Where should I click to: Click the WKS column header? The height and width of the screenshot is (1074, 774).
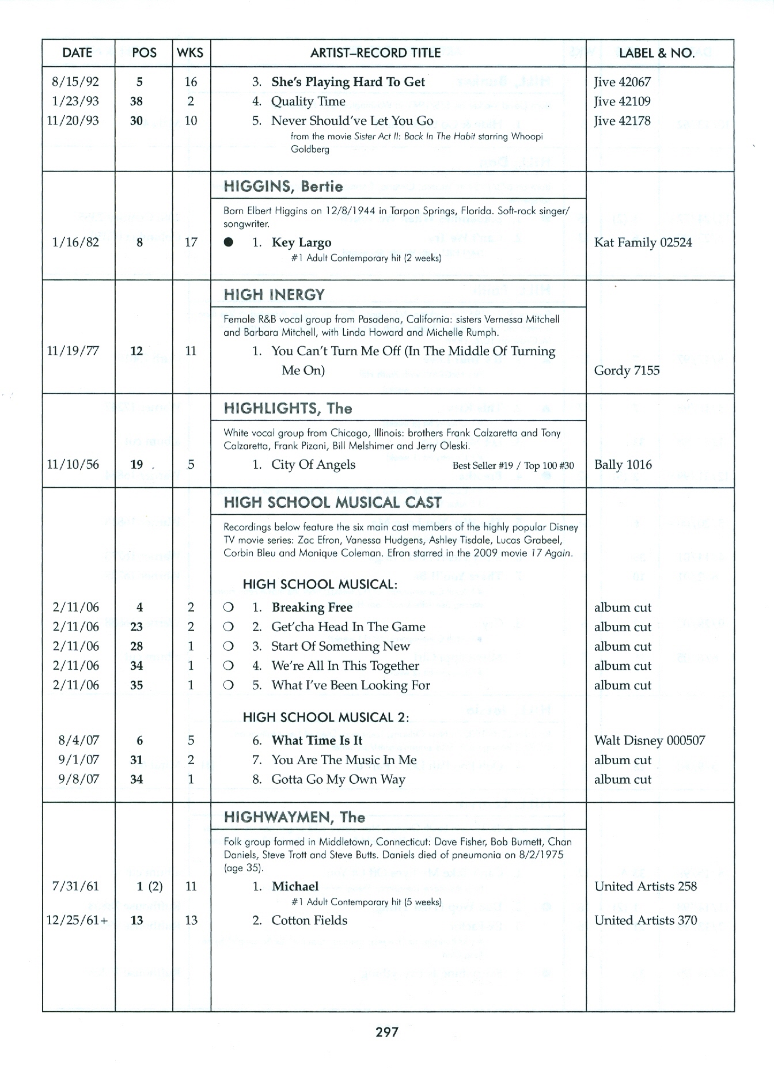pyautogui.click(x=191, y=53)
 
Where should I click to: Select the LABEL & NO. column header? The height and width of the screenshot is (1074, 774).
pyautogui.click(x=657, y=53)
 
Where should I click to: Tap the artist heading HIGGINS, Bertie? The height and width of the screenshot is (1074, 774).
pyautogui.click(x=283, y=187)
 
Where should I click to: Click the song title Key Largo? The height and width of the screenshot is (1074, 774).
pyautogui.click(x=301, y=242)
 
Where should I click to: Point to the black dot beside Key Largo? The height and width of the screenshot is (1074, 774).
pyautogui.click(x=229, y=242)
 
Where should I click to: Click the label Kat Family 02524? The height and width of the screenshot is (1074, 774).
pyautogui.click(x=643, y=242)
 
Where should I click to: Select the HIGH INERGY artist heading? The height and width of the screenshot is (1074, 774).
pyautogui.click(x=274, y=295)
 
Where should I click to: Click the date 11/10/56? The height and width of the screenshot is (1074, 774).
pyautogui.click(x=73, y=465)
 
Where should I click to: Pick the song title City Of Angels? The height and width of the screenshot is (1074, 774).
pyautogui.click(x=313, y=465)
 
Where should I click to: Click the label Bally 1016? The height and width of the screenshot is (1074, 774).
pyautogui.click(x=623, y=465)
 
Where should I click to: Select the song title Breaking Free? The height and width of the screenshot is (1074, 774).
pyautogui.click(x=312, y=608)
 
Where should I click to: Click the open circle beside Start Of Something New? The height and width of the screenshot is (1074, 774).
pyautogui.click(x=228, y=647)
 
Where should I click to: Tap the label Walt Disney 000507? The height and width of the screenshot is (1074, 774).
pyautogui.click(x=650, y=741)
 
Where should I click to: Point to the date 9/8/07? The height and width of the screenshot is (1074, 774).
pyautogui.click(x=78, y=780)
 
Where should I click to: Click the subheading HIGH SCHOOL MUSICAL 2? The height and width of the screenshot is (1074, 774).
pyautogui.click(x=326, y=718)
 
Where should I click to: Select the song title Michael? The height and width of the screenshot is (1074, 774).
pyautogui.click(x=295, y=886)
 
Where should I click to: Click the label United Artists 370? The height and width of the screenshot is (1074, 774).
pyautogui.click(x=646, y=920)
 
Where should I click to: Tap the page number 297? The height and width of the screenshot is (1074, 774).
pyautogui.click(x=387, y=1033)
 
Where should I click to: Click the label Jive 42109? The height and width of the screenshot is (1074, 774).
pyautogui.click(x=622, y=101)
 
